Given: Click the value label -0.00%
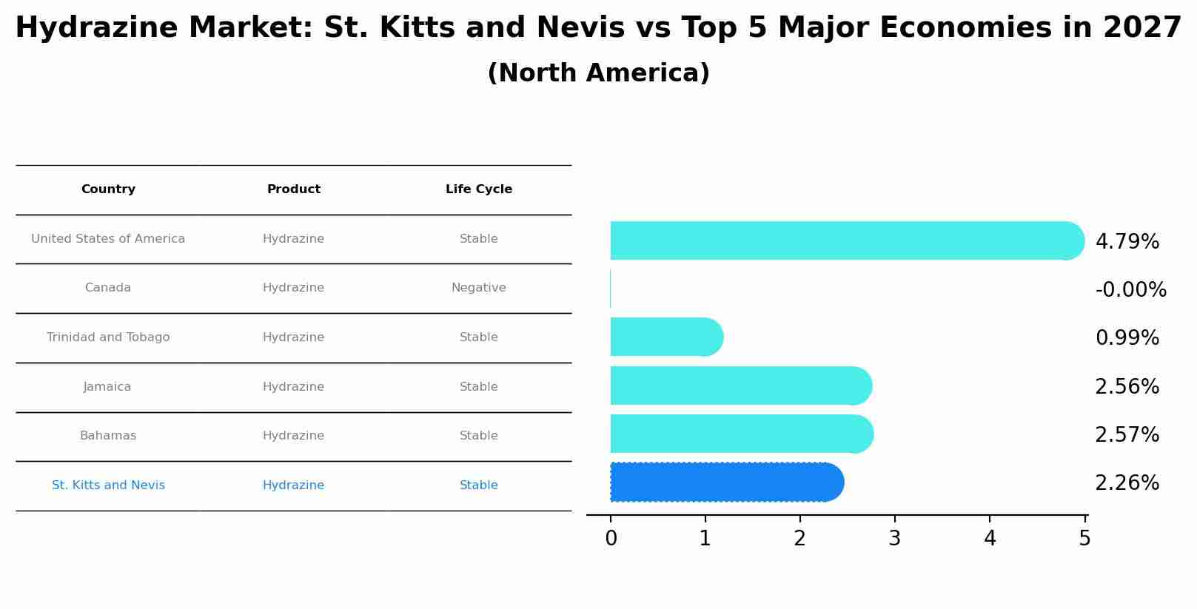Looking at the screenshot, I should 1130,290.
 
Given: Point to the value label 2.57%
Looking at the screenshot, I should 1127,435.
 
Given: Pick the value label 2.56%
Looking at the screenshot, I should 1127,387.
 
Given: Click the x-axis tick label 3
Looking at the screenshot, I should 894,539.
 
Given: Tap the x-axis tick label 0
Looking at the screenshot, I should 611,539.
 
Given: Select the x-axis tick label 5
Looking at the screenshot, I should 1084,539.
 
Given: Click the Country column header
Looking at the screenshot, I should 108,189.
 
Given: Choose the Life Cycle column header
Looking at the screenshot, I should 479,189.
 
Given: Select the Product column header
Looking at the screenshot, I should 294,189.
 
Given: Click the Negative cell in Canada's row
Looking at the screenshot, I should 479,288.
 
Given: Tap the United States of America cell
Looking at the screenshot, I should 108,239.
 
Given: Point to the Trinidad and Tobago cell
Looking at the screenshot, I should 108,337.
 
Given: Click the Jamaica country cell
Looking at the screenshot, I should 107,387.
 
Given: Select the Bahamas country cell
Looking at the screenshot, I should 108,436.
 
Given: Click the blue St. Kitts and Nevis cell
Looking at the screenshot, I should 108,485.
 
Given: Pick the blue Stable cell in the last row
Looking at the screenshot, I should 479,485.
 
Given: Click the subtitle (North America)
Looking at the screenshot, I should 598,73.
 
